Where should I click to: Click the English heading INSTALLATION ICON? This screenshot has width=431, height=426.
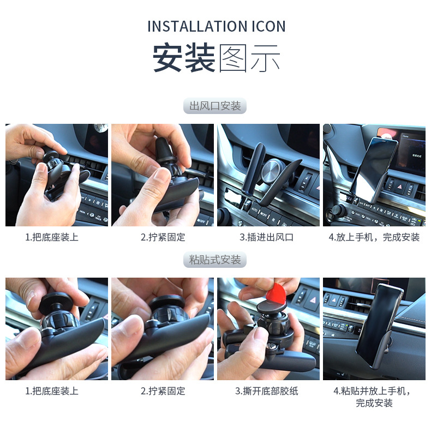(x=216, y=26)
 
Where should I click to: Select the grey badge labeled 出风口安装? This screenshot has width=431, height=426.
(x=215, y=106)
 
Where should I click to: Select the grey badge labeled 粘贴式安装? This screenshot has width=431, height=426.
(x=215, y=260)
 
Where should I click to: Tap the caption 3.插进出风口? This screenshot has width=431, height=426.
(x=266, y=237)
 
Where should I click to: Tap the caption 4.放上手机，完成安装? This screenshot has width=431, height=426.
(x=374, y=237)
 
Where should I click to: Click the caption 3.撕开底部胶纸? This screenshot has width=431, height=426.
(x=266, y=391)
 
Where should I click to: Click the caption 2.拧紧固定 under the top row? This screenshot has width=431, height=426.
(x=163, y=237)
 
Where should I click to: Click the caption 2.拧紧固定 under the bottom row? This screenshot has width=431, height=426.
(x=163, y=391)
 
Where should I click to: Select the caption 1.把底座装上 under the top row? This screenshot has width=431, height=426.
(x=52, y=237)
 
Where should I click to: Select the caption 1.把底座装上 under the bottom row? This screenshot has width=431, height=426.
(x=52, y=391)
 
